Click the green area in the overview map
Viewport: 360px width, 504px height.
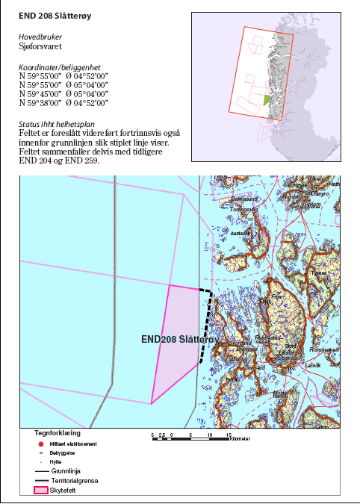(x=266, y=99)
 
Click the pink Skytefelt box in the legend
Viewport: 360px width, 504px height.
(x=43, y=491)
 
